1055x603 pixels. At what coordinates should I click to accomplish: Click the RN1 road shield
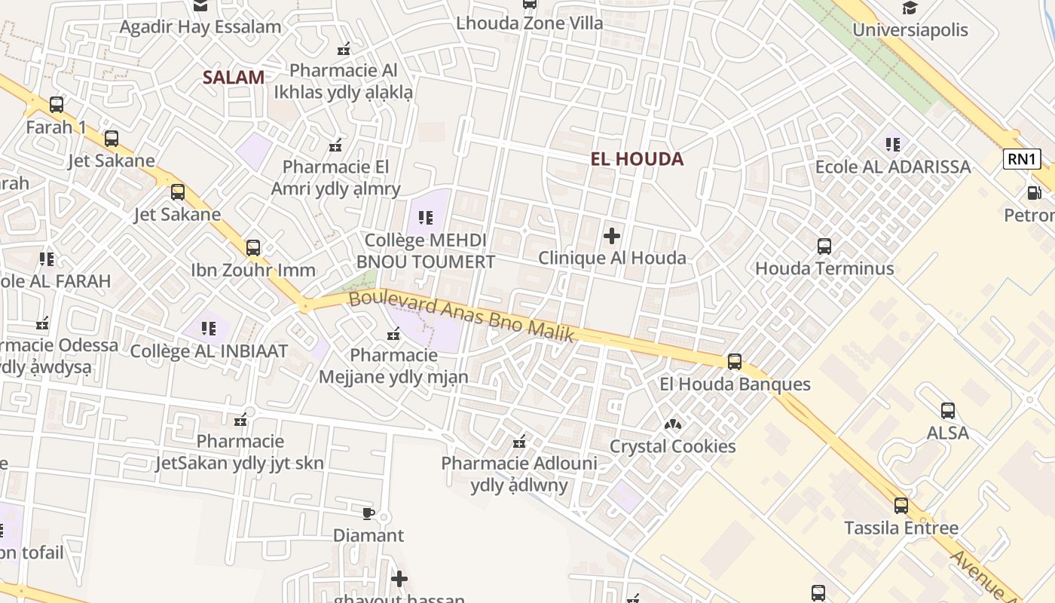[x=1023, y=158]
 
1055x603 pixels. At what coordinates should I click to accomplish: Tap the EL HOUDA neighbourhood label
[x=637, y=159]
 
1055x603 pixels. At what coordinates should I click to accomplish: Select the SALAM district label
[x=234, y=77]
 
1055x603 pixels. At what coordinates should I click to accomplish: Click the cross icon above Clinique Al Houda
[x=612, y=236]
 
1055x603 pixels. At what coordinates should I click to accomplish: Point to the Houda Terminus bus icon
[x=824, y=246]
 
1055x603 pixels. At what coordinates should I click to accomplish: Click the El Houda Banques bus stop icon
[x=735, y=362]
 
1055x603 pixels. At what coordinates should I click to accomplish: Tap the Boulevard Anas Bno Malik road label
[x=462, y=317]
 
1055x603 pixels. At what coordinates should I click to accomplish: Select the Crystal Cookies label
[x=672, y=446]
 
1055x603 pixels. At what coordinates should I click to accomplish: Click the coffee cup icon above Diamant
[x=368, y=513]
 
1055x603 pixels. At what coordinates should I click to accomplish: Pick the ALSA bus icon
[x=948, y=411]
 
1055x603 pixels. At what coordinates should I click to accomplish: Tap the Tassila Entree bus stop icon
[x=901, y=506]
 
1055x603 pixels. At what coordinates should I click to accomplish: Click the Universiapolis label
[x=910, y=30]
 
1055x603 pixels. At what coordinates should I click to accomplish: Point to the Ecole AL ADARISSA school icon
[x=893, y=144]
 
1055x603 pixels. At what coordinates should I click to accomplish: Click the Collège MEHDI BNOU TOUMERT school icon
[x=426, y=218]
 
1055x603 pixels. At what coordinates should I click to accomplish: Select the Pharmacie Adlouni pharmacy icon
[x=519, y=441]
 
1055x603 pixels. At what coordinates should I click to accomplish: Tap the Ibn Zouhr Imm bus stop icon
[x=253, y=247]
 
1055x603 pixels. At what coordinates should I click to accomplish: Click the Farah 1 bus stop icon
[x=57, y=105]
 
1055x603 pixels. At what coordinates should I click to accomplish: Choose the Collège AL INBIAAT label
[x=209, y=351]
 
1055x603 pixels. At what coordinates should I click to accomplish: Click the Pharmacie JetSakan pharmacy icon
[x=240, y=419]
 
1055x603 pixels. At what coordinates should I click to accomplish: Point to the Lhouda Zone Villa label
[x=530, y=23]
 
